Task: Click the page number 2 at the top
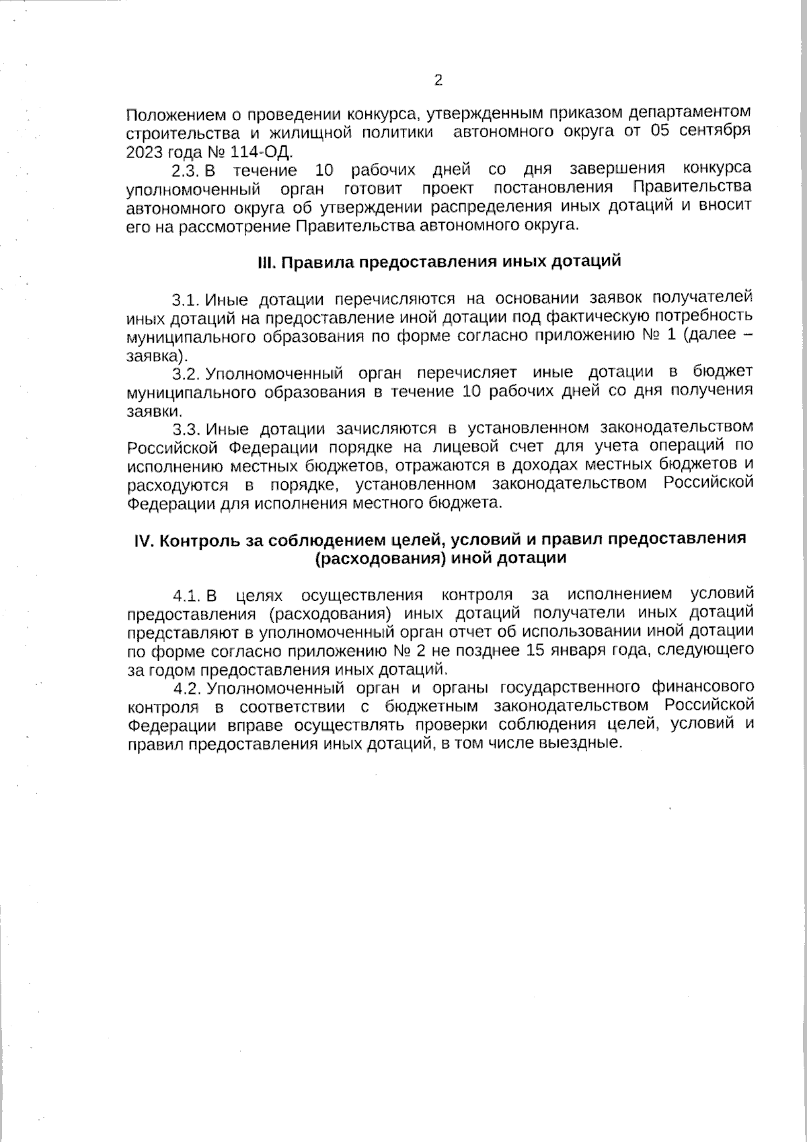[438, 81]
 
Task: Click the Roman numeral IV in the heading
[145, 540]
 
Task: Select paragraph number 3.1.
[187, 299]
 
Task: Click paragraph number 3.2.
[187, 373]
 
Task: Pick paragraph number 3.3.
[187, 429]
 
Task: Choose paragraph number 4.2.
[187, 688]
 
